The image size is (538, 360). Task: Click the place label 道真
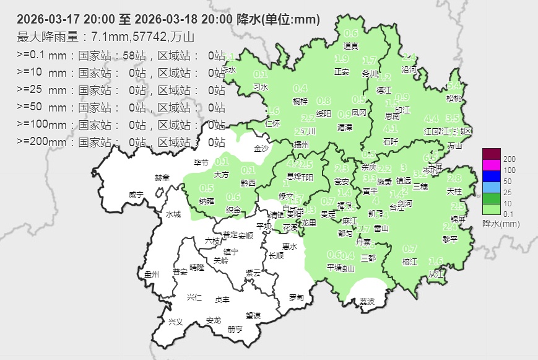[x=351, y=46]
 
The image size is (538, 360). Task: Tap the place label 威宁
[x=136, y=195]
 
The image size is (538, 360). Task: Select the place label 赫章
[x=162, y=178]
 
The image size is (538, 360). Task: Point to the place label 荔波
[x=367, y=302]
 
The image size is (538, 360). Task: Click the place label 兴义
[x=176, y=322]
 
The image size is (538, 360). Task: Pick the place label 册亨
[x=235, y=329]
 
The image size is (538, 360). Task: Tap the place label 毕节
[x=201, y=163]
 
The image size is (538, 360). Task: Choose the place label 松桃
[x=454, y=99]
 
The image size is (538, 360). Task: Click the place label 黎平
[x=450, y=239]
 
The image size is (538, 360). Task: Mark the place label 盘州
[x=152, y=274]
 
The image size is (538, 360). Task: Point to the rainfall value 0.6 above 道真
[x=351, y=33]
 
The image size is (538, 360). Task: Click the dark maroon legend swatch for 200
[x=491, y=154]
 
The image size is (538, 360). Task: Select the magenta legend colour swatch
[x=491, y=165]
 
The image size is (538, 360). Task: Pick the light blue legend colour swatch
[x=491, y=187]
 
